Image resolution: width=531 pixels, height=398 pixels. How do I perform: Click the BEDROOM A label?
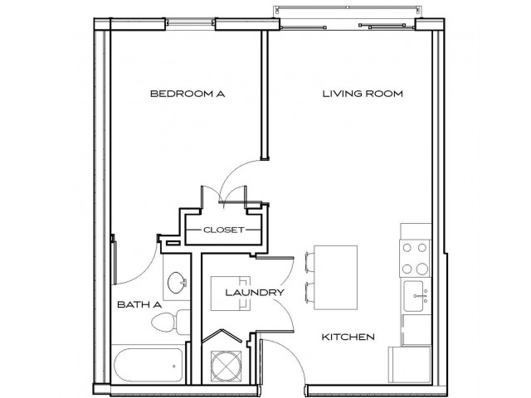click(x=188, y=95)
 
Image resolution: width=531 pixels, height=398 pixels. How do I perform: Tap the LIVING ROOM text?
click(x=363, y=95)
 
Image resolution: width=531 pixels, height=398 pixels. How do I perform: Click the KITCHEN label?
click(x=349, y=337)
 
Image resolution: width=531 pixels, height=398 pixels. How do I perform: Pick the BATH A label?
click(x=139, y=305)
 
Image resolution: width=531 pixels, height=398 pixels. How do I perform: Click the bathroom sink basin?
click(x=176, y=285)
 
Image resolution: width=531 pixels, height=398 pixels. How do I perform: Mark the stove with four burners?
click(x=415, y=257)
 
